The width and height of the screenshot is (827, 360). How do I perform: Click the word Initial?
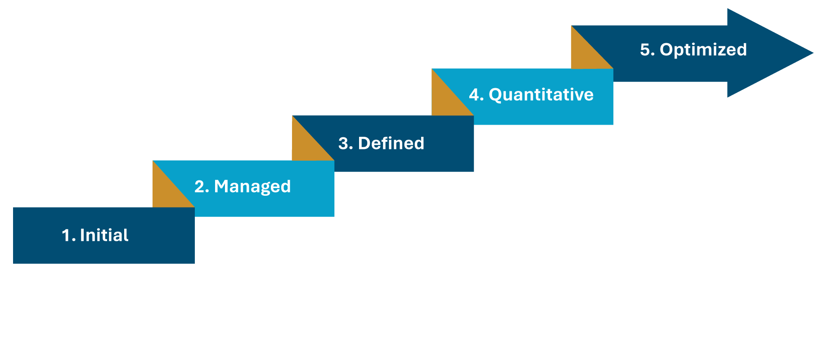(x=104, y=235)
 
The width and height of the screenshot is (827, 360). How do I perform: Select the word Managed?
(x=252, y=187)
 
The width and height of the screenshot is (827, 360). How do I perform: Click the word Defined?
(x=391, y=143)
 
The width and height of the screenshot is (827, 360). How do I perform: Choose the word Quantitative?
(x=541, y=95)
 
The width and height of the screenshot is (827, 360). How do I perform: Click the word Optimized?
(x=703, y=50)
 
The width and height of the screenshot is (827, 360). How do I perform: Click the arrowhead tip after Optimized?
(x=814, y=53)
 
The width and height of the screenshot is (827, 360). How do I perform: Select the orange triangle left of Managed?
(x=166, y=192)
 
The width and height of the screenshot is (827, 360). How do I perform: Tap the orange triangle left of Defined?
(x=306, y=146)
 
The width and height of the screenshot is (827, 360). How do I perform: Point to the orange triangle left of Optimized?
(x=585, y=54)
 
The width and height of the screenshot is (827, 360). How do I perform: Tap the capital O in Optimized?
(x=667, y=49)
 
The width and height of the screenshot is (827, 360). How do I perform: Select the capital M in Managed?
(x=223, y=186)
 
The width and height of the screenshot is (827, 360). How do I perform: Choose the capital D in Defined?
(x=365, y=143)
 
